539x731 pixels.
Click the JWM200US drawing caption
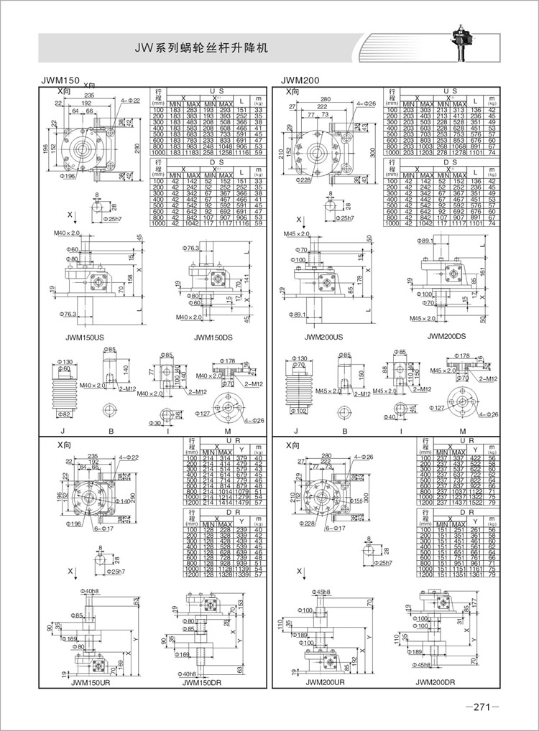point(323,337)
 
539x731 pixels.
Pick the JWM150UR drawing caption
point(91,683)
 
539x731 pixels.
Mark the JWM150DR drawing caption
point(202,683)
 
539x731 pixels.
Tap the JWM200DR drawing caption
point(439,683)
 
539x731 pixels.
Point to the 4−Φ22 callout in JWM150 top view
point(131,101)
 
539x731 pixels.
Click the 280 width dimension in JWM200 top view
point(326,99)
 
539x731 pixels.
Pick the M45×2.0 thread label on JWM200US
point(296,234)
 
